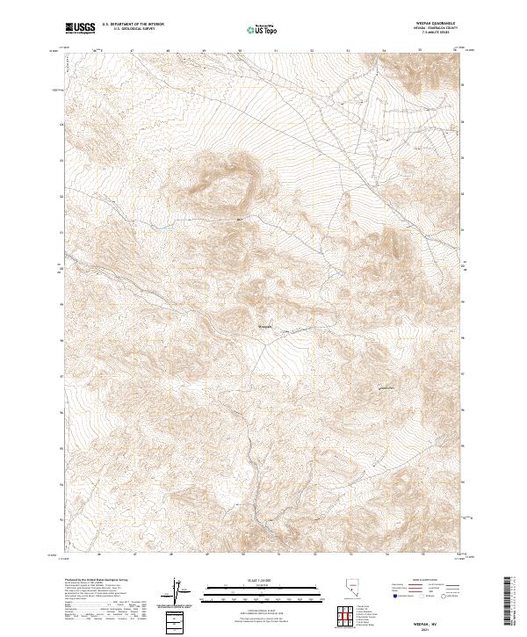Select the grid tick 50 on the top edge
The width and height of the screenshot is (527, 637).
coord(240,51)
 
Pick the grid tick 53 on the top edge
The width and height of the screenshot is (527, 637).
coord(348,51)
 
